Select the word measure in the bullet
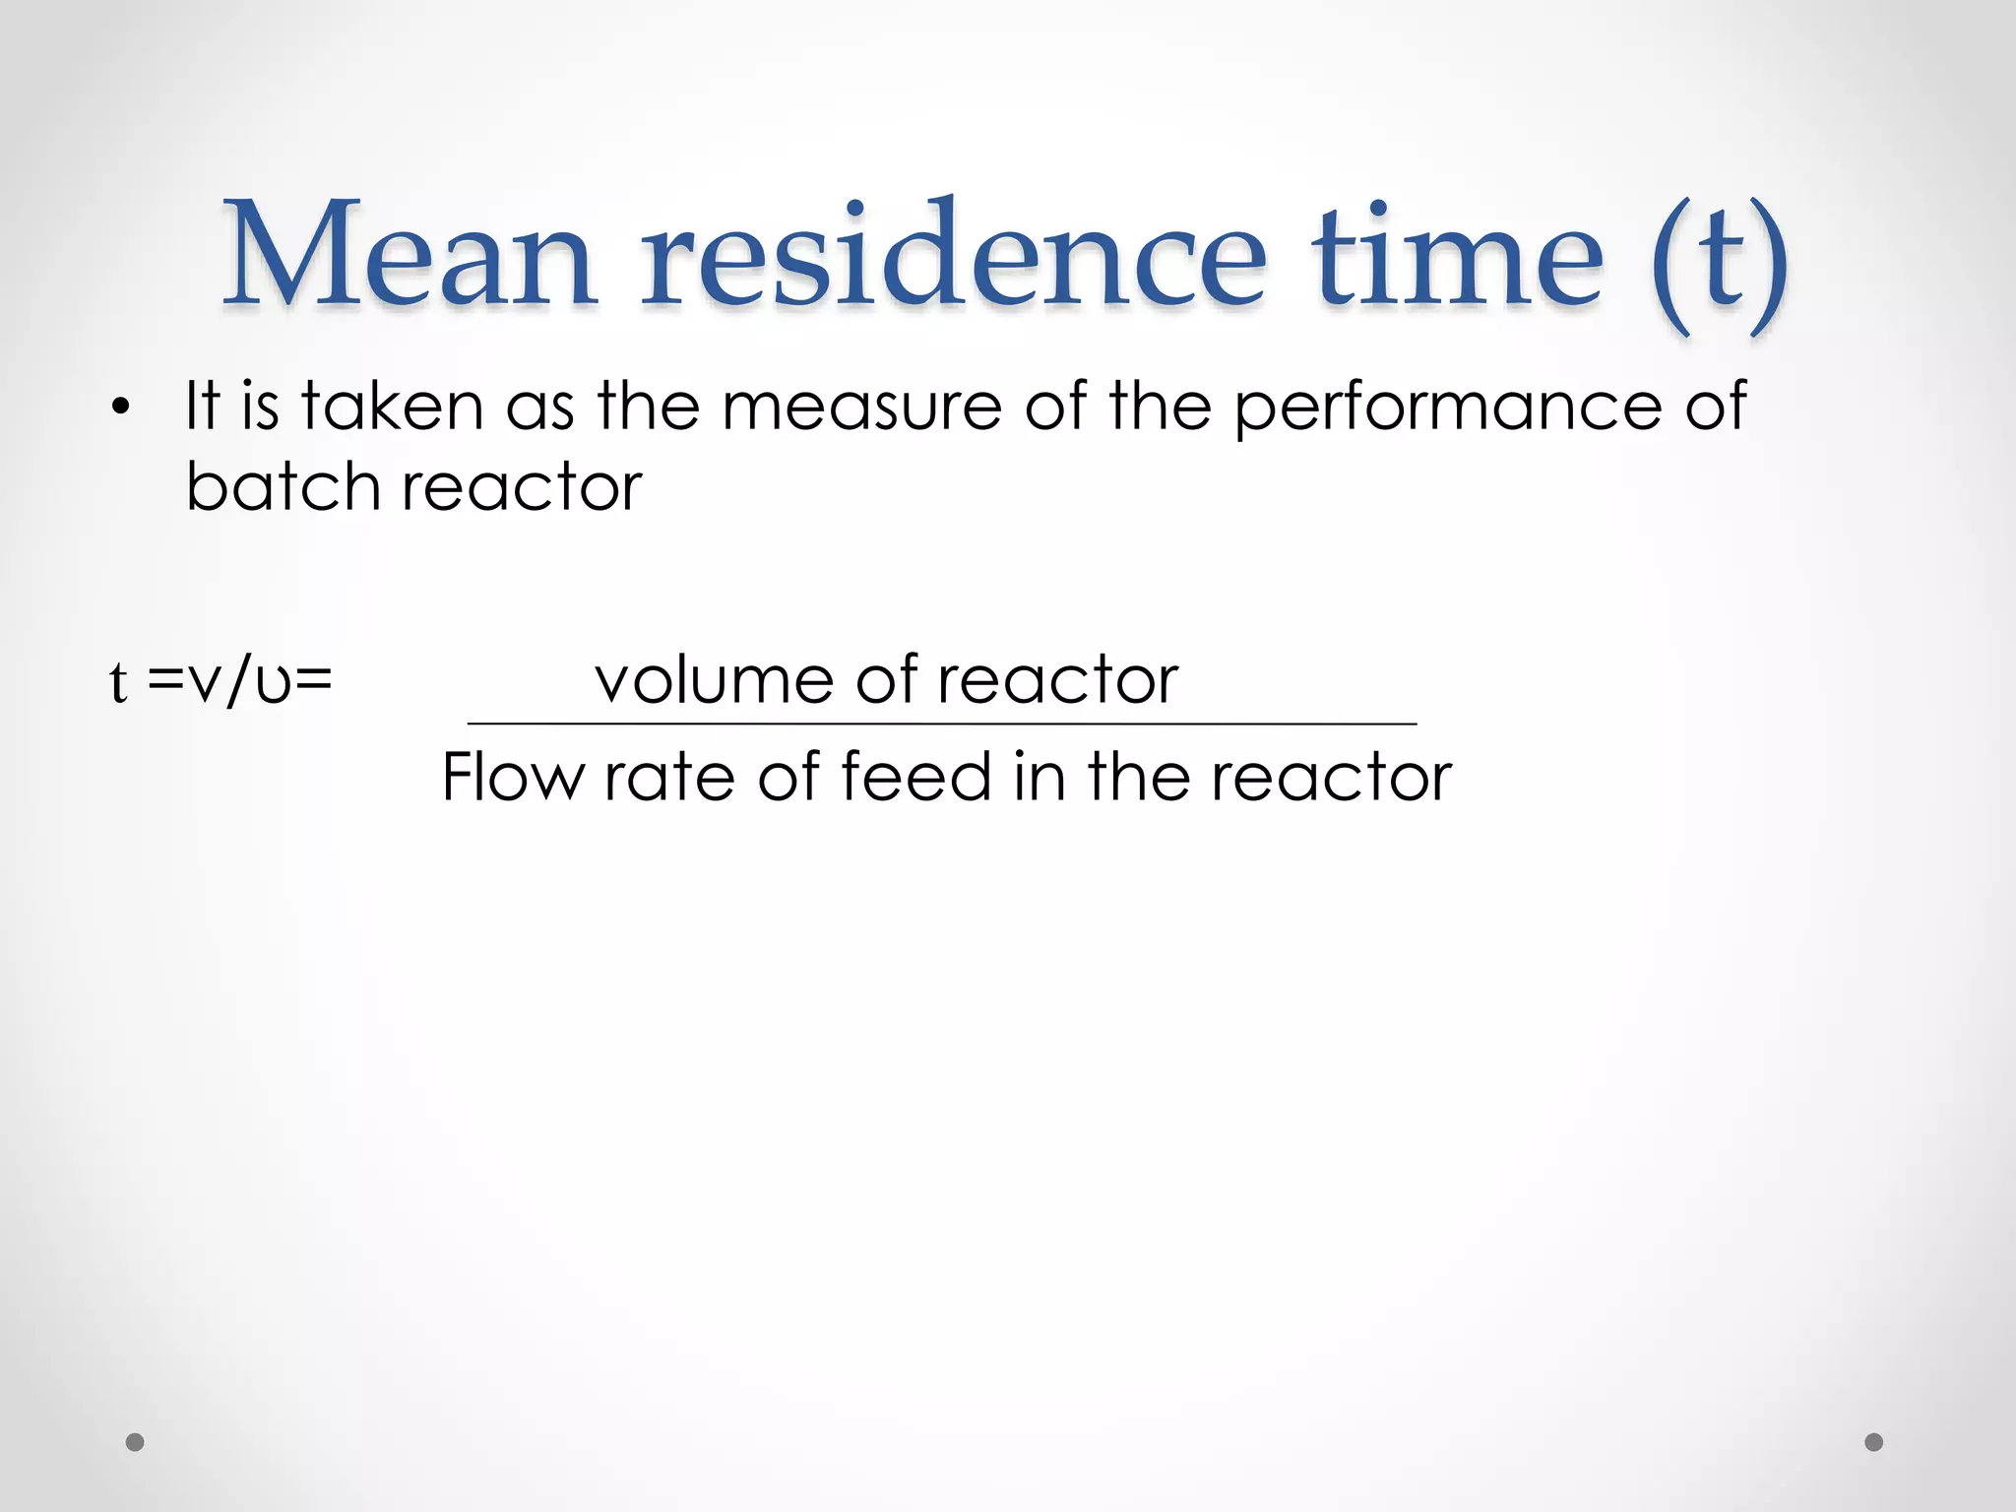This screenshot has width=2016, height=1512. [x=861, y=408]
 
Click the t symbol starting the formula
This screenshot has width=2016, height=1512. [x=118, y=681]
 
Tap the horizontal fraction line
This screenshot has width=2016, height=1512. [x=942, y=724]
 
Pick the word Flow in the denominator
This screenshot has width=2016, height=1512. [x=512, y=777]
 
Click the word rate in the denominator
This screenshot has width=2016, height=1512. [x=669, y=779]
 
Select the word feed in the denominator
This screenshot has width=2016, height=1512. [x=915, y=777]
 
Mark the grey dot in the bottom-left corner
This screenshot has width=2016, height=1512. [x=136, y=1442]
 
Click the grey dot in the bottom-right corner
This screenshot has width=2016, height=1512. [x=1874, y=1442]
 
